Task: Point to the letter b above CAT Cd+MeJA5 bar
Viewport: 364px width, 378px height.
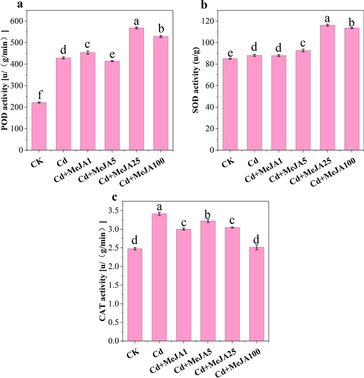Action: click(210, 213)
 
